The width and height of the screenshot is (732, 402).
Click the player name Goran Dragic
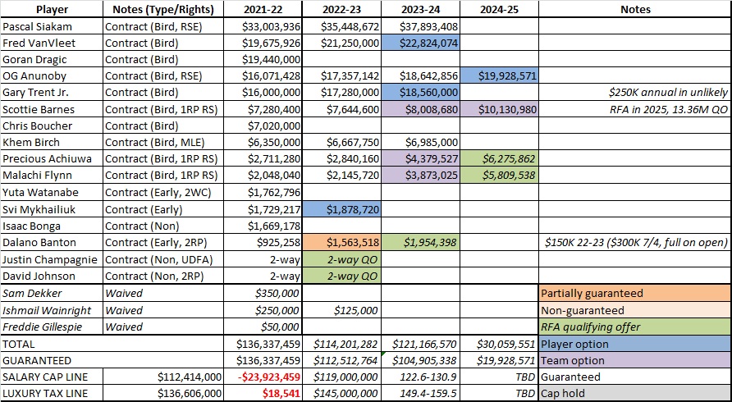click(x=34, y=59)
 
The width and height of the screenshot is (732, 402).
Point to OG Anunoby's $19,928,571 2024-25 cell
click(x=498, y=76)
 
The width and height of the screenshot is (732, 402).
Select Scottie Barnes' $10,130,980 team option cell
click(x=498, y=109)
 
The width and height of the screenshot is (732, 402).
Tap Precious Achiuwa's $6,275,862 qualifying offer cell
click(x=498, y=159)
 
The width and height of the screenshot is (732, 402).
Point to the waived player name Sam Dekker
click(x=31, y=293)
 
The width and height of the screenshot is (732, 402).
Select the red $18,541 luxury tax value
click(x=278, y=394)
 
